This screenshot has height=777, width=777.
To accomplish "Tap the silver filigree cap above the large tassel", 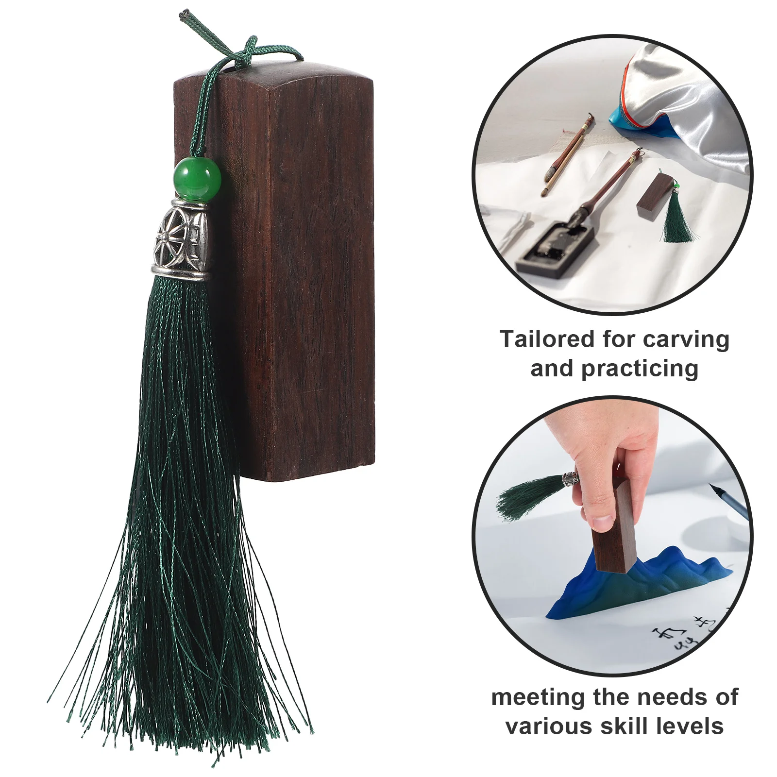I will [x=182, y=239].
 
